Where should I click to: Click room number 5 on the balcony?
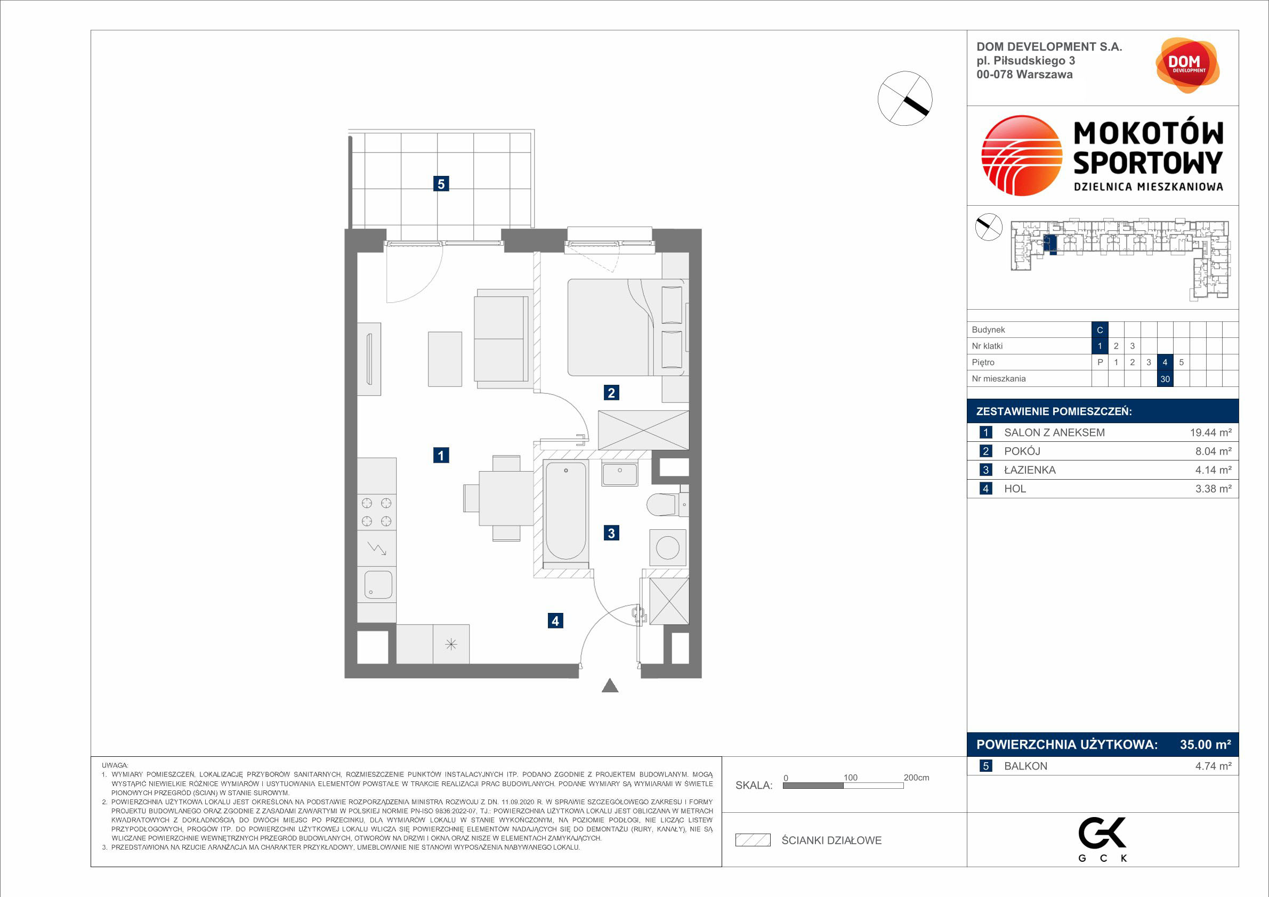[441, 183]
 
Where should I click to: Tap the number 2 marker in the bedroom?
[611, 393]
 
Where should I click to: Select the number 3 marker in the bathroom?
[611, 534]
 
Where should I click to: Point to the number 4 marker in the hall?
[555, 621]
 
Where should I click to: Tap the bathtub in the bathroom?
[565, 511]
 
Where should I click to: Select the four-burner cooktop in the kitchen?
[377, 512]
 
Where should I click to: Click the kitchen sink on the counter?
[378, 585]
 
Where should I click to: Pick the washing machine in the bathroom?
[668, 548]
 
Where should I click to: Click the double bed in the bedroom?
[628, 327]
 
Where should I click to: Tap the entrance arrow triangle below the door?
[610, 685]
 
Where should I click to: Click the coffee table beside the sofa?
[445, 359]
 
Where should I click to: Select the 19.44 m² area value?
[1211, 433]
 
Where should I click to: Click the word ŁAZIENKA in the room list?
[1030, 470]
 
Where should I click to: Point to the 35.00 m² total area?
[1206, 745]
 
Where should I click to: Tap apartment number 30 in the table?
[1165, 379]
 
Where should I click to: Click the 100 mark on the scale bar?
[850, 778]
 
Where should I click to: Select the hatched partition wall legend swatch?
[753, 840]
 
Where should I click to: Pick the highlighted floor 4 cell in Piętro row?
[1165, 362]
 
